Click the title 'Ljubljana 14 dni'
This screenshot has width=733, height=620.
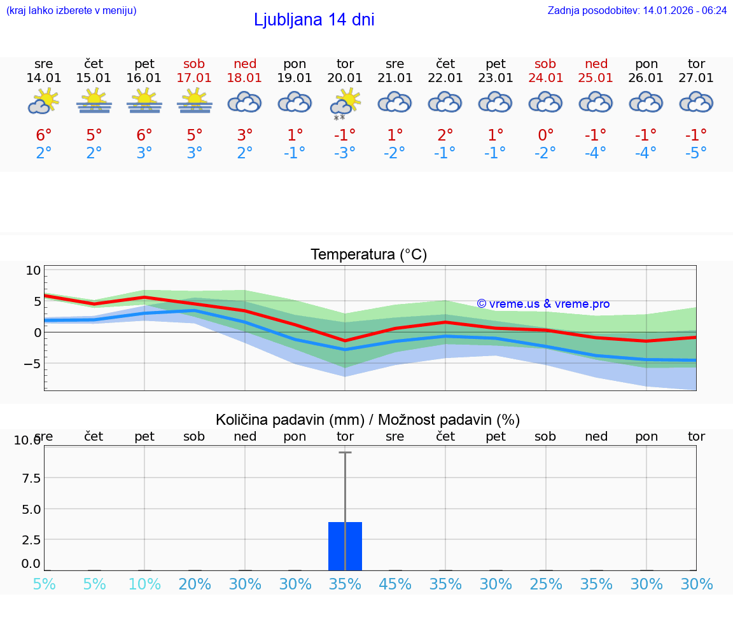click(314, 20)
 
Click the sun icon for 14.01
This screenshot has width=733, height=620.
click(44, 101)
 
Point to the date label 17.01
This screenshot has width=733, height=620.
click(195, 78)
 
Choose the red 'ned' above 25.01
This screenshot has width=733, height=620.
click(596, 64)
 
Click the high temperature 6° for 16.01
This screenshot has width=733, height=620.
click(144, 135)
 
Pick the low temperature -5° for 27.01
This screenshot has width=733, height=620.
click(696, 153)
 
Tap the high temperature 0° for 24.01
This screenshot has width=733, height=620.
click(546, 135)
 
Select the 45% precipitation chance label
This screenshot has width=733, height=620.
click(395, 584)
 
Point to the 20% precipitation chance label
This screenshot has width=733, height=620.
click(195, 584)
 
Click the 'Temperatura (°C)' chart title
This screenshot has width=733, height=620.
click(368, 255)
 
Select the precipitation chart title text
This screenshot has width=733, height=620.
click(368, 420)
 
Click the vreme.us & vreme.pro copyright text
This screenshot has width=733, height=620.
click(543, 304)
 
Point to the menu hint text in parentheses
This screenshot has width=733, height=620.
click(71, 10)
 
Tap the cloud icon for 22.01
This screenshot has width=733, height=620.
click(445, 102)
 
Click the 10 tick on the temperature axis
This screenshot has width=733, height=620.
click(33, 270)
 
